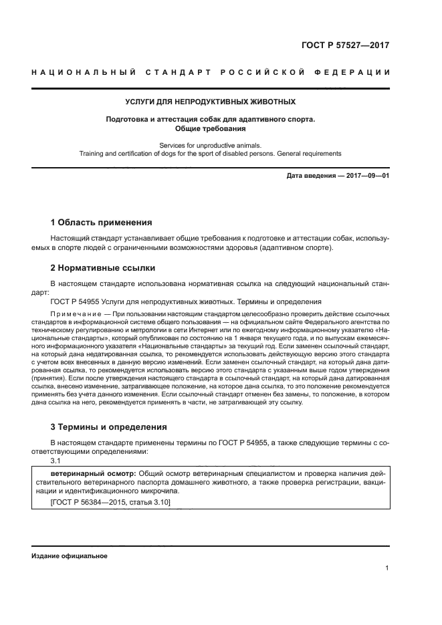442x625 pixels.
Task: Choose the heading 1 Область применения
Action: [x=102, y=223]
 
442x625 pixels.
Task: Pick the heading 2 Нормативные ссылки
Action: [x=103, y=268]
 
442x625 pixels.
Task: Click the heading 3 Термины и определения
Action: [x=109, y=426]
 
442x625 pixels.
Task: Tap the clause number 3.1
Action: [x=56, y=461]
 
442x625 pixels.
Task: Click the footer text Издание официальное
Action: [x=70, y=556]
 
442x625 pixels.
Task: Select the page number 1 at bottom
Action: [x=387, y=568]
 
